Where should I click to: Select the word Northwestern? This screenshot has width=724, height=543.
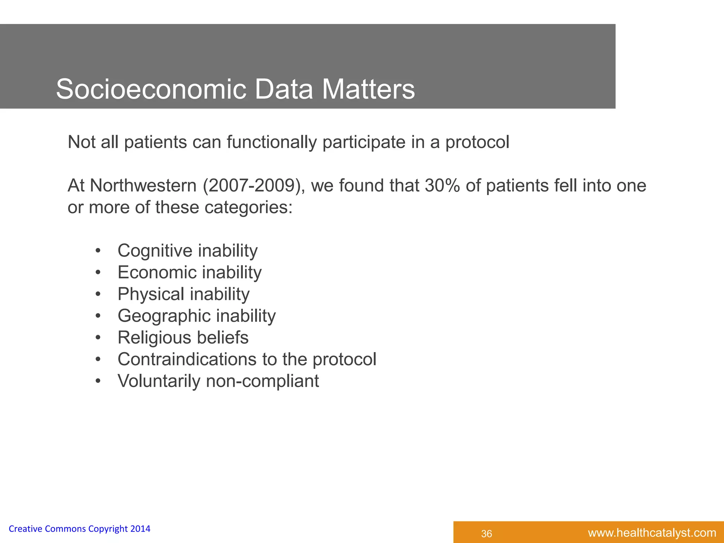[143, 186]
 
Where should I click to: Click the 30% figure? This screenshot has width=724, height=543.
[442, 186]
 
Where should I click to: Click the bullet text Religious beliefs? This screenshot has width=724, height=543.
[183, 338]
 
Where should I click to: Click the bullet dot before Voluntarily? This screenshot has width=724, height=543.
[98, 381]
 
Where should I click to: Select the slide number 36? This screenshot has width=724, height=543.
[486, 534]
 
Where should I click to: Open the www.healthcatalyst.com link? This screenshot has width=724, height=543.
[652, 533]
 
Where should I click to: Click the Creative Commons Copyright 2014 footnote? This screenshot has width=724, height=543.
[79, 529]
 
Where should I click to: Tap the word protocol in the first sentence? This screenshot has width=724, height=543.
[477, 142]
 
